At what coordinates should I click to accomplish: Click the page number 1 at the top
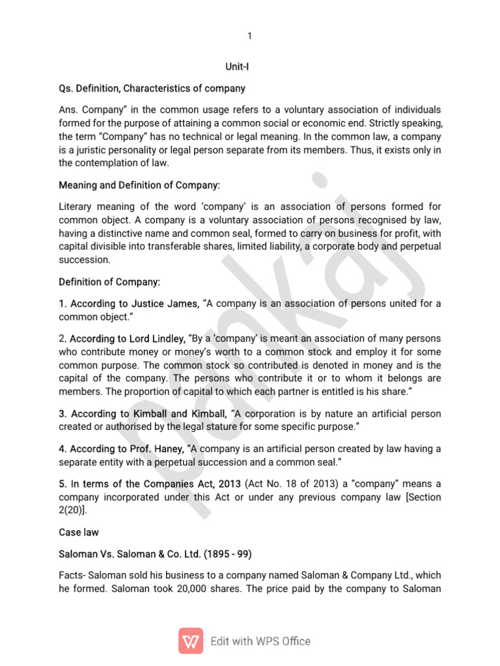coord(249,36)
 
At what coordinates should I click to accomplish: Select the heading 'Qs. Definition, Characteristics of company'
coord(152,88)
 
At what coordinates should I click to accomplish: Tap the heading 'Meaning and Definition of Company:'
coord(139,185)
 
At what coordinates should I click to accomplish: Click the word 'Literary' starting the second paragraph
coord(76,207)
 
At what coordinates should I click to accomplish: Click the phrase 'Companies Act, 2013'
coord(196,484)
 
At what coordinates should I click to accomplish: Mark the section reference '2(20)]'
coord(72,510)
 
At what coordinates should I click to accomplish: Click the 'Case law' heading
coord(79,532)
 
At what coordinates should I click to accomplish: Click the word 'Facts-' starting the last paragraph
coord(71,576)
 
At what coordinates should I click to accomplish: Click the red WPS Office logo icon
coord(190,641)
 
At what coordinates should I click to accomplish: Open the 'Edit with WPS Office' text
coord(260,641)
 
